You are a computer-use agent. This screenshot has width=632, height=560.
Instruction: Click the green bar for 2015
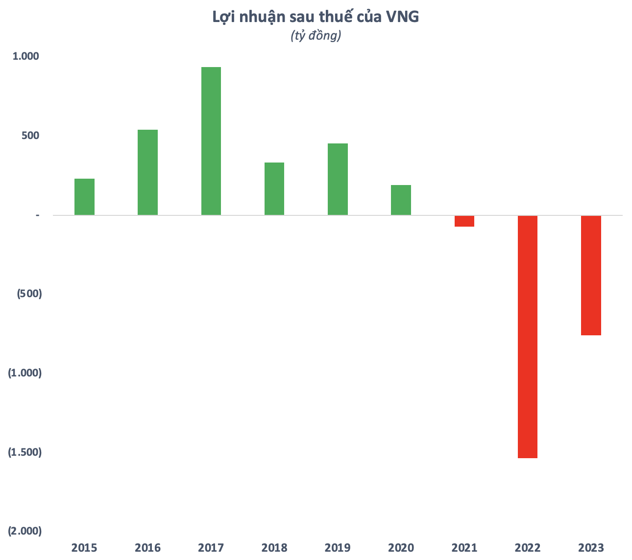[x=84, y=197]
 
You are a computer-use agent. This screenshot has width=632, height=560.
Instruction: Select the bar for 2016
[x=147, y=172]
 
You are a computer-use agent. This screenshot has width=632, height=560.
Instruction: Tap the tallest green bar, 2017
[x=211, y=141]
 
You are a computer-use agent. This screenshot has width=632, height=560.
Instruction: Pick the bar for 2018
[x=274, y=188]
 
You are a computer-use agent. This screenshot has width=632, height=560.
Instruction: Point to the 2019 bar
[x=338, y=179]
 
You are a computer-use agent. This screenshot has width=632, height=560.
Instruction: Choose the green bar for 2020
[x=401, y=200]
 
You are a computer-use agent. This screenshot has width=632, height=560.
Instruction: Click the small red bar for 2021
[x=464, y=221]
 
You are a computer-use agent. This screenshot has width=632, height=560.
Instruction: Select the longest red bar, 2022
[x=528, y=337]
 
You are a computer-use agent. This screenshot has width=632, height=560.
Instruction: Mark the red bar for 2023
[x=591, y=276]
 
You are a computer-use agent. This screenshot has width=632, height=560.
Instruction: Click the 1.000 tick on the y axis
[x=25, y=56]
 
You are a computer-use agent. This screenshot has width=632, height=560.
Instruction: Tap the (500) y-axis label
[x=29, y=294]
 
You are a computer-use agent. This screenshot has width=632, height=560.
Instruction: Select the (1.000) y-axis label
[x=25, y=373]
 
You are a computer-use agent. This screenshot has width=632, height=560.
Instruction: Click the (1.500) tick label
[x=25, y=452]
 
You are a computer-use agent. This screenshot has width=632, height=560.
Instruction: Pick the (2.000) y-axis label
[x=25, y=531]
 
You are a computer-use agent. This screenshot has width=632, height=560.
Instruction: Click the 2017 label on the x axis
[x=211, y=547]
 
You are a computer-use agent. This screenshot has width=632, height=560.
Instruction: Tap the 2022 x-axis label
[x=528, y=547]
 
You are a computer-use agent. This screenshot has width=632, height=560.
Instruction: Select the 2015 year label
[x=84, y=547]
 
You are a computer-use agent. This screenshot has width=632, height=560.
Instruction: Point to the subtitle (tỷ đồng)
[x=316, y=36]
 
